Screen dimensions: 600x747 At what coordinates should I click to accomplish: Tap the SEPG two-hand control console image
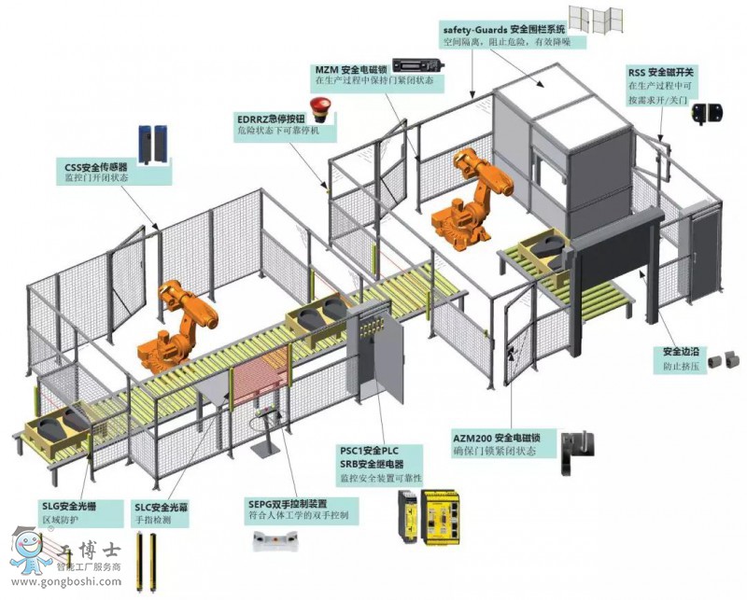(x=277, y=540)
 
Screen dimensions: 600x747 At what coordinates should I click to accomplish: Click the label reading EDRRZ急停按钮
(x=272, y=119)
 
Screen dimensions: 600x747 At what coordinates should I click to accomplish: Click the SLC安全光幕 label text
(x=161, y=509)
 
